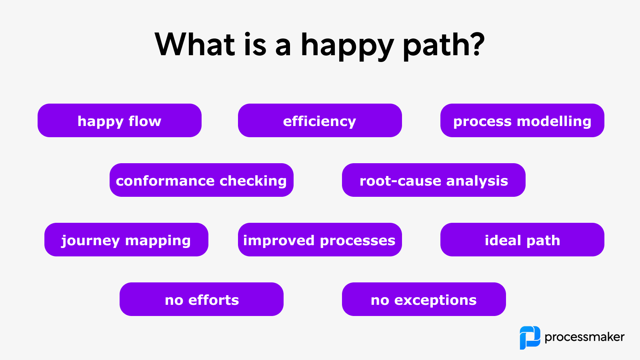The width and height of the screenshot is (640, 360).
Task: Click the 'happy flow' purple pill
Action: point(119,120)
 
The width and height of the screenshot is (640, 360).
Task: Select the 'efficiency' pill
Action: point(320,120)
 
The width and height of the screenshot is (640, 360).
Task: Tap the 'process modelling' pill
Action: point(522,120)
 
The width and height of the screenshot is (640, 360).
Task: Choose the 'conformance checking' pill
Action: point(201,180)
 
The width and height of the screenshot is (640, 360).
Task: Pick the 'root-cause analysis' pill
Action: point(434,180)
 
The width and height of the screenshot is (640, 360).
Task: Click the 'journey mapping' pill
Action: point(126,240)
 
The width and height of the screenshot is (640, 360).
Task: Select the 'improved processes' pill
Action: point(320,240)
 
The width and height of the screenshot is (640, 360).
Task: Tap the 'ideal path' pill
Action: point(522,240)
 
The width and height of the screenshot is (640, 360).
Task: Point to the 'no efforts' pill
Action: point(201,299)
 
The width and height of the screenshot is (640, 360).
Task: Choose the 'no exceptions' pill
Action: point(424,299)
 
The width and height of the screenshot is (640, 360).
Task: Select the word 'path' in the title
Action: point(436,45)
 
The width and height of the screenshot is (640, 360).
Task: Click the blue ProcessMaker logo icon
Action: point(530,338)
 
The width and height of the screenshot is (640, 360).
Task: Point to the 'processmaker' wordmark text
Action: point(584,337)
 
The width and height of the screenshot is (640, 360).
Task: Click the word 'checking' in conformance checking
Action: point(253,181)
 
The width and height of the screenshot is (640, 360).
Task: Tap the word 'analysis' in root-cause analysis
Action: point(477,181)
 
